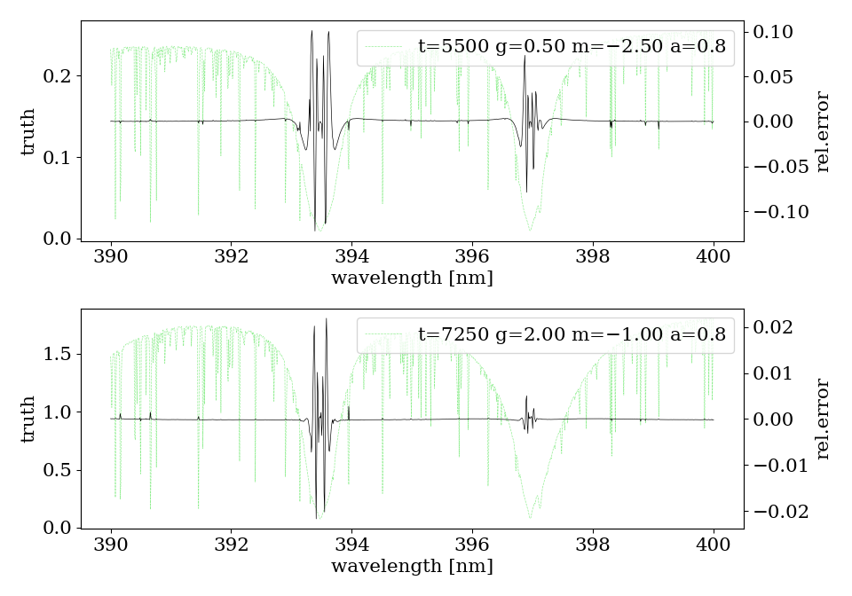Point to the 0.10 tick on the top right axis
(780, 32)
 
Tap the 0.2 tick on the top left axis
(56, 76)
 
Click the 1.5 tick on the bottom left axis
(56, 354)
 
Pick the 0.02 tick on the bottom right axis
(780, 327)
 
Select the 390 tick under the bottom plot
(111, 545)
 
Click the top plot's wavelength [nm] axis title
(412, 278)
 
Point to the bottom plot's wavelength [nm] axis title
(412, 566)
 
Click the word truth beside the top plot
(28, 131)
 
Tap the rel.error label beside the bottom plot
(824, 419)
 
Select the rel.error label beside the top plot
(824, 131)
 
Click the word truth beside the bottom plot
(28, 419)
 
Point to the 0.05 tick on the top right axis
(780, 76)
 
